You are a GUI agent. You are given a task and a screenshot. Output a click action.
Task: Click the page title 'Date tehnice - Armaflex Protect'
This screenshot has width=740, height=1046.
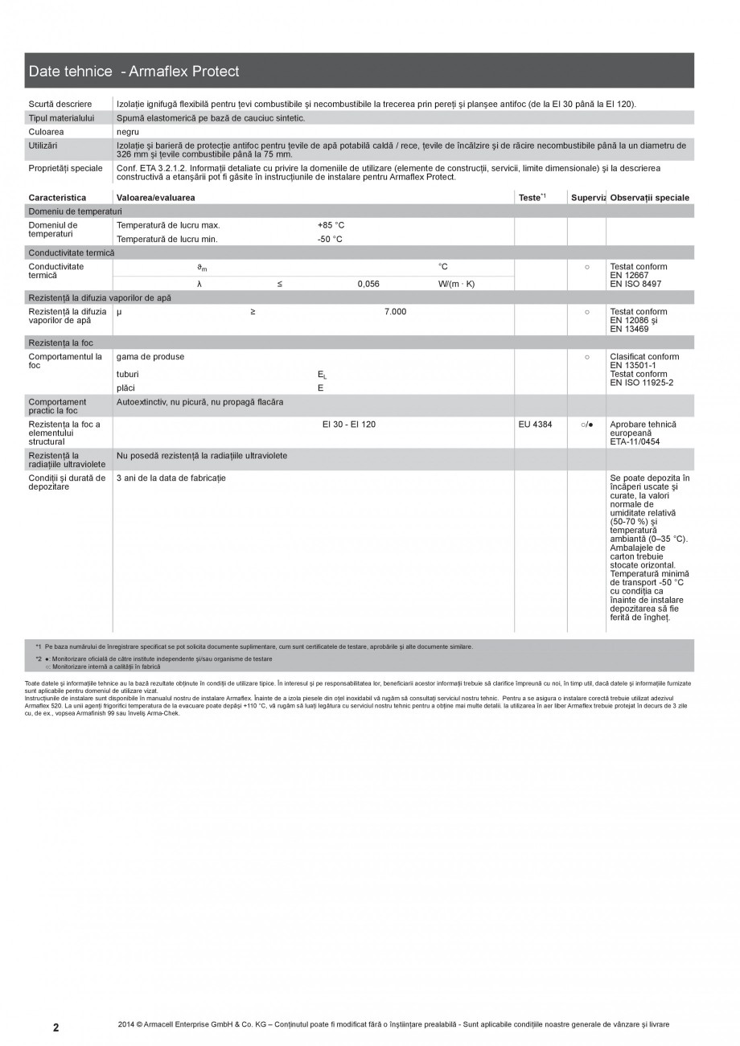134,72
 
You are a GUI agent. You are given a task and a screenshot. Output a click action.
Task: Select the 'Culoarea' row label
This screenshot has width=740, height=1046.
46,131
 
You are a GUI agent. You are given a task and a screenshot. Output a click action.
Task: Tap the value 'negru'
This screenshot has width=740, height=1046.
128,131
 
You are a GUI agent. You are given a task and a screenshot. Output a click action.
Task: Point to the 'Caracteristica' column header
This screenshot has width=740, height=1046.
57,198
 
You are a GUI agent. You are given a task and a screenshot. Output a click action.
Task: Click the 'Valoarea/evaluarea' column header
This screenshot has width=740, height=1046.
155,198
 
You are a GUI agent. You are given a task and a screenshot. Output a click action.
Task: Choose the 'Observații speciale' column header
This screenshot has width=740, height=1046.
649,198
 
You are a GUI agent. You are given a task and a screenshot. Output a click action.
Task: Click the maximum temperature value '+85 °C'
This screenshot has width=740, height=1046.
331,225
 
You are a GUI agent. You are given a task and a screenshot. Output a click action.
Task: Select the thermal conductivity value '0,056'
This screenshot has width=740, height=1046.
368,284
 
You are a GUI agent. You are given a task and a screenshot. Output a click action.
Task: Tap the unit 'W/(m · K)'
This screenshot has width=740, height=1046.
456,284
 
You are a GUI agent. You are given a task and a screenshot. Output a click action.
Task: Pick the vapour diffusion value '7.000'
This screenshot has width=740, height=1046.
396,312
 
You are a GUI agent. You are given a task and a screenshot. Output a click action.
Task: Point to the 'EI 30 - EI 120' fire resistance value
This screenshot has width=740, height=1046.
348,425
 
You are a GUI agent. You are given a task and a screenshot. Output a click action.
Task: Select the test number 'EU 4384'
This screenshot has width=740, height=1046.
536,425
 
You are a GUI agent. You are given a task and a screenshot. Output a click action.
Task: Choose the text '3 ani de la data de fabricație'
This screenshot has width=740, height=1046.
171,478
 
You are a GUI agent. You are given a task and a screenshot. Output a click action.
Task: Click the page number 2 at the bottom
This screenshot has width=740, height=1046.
55,1028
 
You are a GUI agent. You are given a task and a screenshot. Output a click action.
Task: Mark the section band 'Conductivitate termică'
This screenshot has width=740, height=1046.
72,252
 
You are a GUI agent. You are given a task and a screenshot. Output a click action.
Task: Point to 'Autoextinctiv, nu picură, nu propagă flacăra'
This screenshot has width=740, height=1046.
199,402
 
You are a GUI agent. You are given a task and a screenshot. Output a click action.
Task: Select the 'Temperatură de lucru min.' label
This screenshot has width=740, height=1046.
167,239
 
